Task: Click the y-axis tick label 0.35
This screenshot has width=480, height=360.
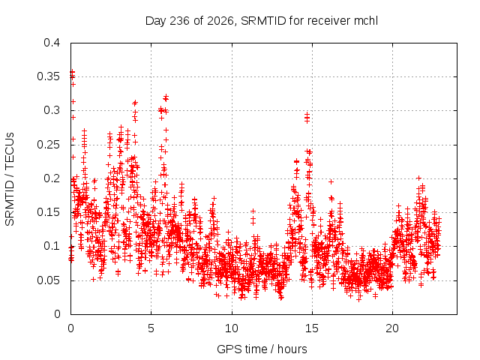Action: click(48, 76)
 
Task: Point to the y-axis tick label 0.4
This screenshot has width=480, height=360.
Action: click(52, 43)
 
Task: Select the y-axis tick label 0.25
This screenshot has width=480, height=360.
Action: click(48, 145)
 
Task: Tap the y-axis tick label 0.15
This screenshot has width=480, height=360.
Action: click(48, 212)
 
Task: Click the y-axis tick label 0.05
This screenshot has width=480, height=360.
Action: click(48, 280)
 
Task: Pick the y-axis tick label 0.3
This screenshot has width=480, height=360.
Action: click(52, 110)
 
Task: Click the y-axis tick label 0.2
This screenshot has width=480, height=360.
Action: click(52, 178)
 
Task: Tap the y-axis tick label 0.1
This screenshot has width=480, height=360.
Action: click(52, 247)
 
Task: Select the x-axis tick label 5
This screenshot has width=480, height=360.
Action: click(151, 328)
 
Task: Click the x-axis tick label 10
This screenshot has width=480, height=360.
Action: click(232, 328)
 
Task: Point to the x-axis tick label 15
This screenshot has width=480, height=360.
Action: click(312, 328)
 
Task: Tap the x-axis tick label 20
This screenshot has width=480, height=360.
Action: click(392, 328)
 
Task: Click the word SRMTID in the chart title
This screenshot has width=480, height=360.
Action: click(263, 21)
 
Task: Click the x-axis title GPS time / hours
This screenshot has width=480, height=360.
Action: click(262, 349)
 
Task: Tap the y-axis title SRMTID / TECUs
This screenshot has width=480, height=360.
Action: click(10, 179)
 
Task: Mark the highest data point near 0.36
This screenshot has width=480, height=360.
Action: click(72, 72)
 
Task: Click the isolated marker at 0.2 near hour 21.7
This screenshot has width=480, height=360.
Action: click(419, 178)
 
